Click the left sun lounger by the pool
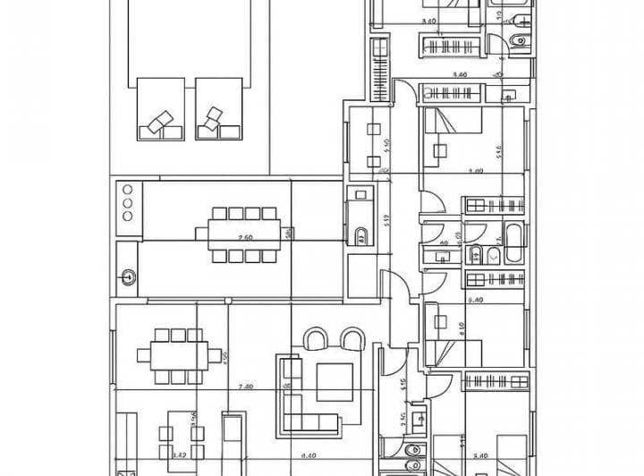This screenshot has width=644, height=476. point(160,109)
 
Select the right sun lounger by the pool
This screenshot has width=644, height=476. point(218,109)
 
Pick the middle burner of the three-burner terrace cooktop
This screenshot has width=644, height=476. point(126,202)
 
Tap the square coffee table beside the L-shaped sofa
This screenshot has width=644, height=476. point(335,382)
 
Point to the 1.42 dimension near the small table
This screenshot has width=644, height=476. point(179,455)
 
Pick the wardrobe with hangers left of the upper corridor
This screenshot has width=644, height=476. point(379,72)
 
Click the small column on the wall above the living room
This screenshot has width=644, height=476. point(227,299)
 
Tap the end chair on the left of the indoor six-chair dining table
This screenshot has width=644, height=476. point(143,354)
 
